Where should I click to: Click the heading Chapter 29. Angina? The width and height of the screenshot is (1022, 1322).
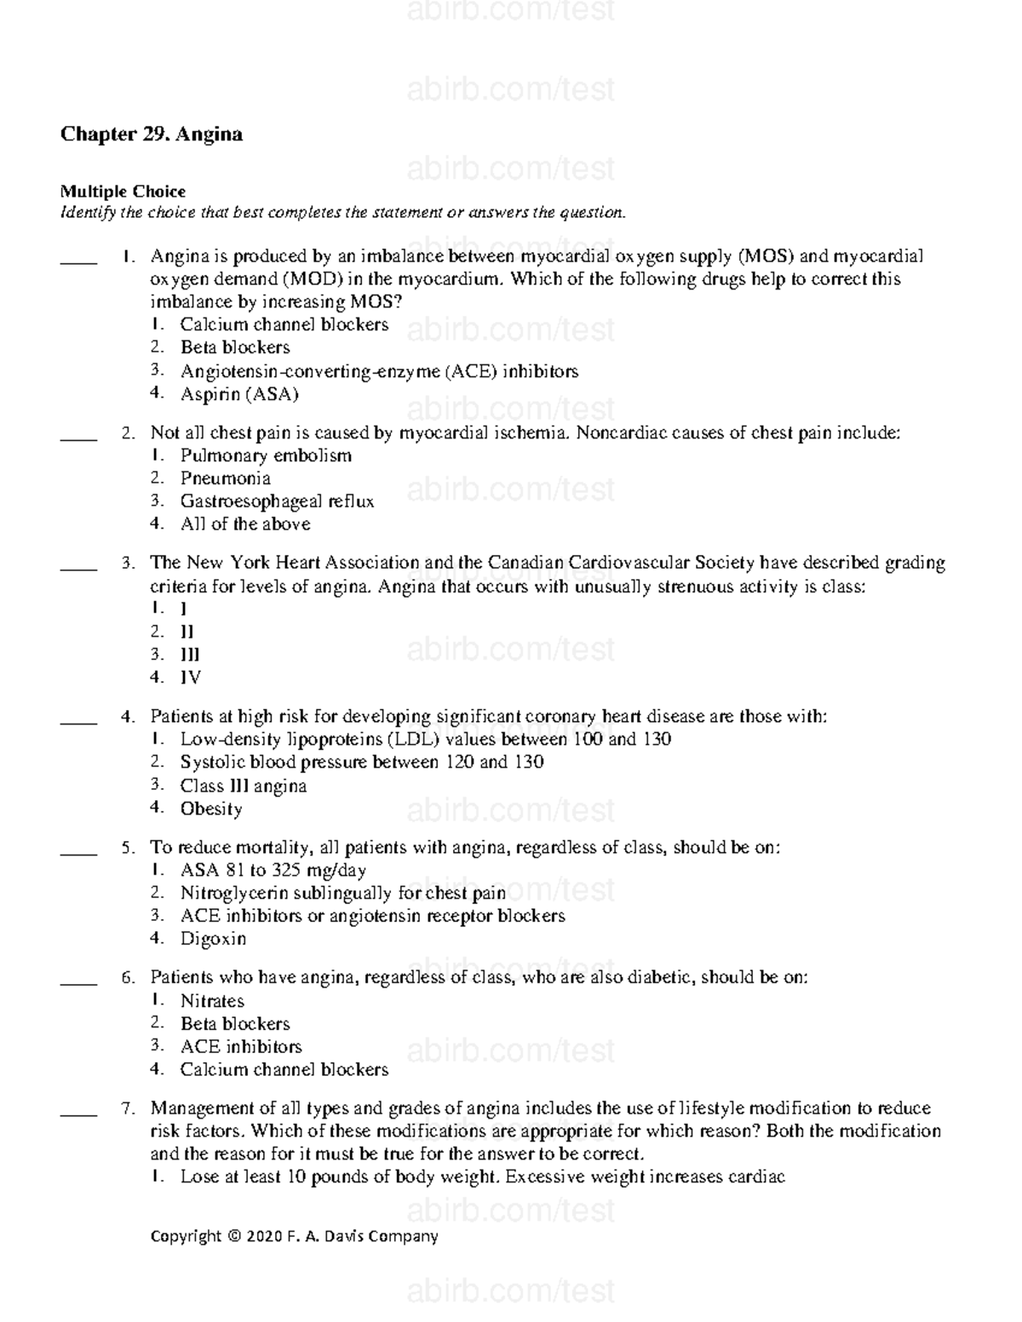151,134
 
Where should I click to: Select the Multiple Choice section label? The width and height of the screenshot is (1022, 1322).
123,192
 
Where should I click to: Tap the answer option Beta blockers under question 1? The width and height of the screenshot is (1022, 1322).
235,347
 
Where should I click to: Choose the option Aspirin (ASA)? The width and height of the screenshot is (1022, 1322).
239,394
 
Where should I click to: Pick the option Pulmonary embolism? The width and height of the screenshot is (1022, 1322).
266,455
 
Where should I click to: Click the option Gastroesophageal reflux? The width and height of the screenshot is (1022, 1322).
277,501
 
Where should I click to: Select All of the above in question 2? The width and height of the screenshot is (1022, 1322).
245,524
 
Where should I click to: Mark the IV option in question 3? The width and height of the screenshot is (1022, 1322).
191,678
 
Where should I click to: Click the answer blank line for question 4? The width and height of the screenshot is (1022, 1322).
78,723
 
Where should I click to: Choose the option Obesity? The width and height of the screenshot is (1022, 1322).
211,809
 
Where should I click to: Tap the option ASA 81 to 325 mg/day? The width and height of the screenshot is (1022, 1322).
273,870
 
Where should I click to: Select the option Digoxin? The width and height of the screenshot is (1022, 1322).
213,939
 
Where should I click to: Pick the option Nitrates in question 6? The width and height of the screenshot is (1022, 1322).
212,1001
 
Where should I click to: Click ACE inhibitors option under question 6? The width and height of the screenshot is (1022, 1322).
241,1047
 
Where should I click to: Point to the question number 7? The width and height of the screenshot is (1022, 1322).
128,1108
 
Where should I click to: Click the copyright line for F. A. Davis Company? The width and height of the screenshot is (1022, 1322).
294,1236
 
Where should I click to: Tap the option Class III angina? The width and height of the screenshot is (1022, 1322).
244,786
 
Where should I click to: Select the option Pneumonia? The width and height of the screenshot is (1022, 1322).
226,478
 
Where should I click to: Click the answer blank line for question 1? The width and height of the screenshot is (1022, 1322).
78,263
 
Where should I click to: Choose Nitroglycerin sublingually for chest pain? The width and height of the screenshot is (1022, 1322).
342,893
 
